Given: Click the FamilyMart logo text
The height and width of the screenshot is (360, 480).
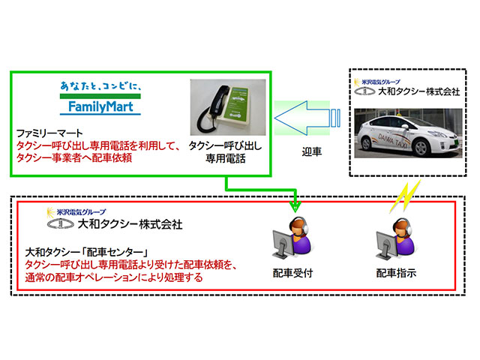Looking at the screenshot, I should click(x=100, y=106).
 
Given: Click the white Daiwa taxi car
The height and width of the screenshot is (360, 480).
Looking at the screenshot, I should click(x=407, y=133).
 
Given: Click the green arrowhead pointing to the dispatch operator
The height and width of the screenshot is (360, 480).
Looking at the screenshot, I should click(x=295, y=204).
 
